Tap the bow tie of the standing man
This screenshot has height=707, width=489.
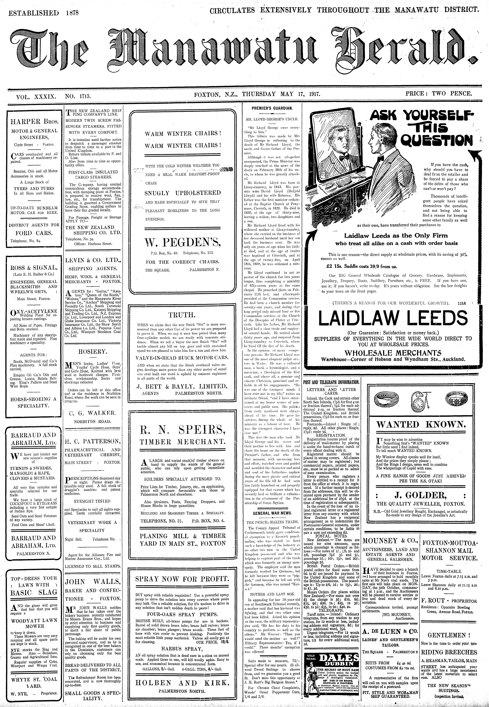click(381, 158)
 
